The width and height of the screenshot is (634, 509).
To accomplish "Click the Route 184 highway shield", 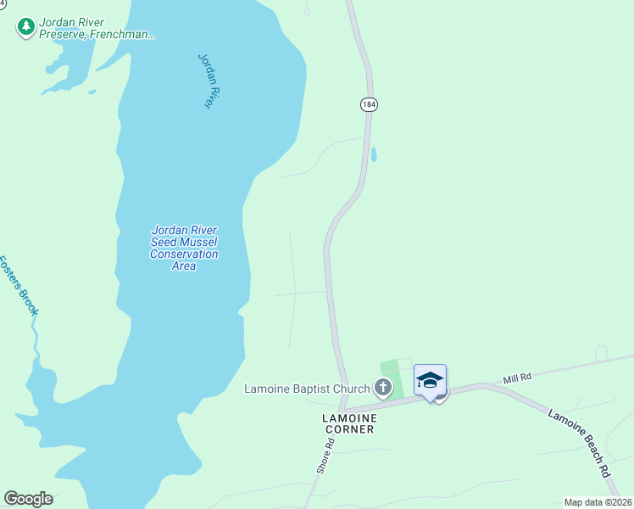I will [x=368, y=104].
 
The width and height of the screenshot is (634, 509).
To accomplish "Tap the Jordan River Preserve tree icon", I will [x=26, y=27].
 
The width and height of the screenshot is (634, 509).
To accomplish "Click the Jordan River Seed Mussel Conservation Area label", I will [x=184, y=248].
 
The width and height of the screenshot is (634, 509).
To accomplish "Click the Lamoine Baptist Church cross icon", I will [x=383, y=389].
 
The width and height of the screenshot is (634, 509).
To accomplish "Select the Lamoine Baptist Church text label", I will [x=307, y=389].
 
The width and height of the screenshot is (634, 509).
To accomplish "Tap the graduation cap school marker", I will [x=430, y=379].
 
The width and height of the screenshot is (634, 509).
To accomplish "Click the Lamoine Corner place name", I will [x=348, y=423].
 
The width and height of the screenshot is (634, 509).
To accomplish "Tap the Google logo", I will [x=28, y=499].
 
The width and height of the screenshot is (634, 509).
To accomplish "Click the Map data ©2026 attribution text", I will [x=598, y=502].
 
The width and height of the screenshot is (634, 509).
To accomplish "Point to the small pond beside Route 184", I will [x=374, y=155].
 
